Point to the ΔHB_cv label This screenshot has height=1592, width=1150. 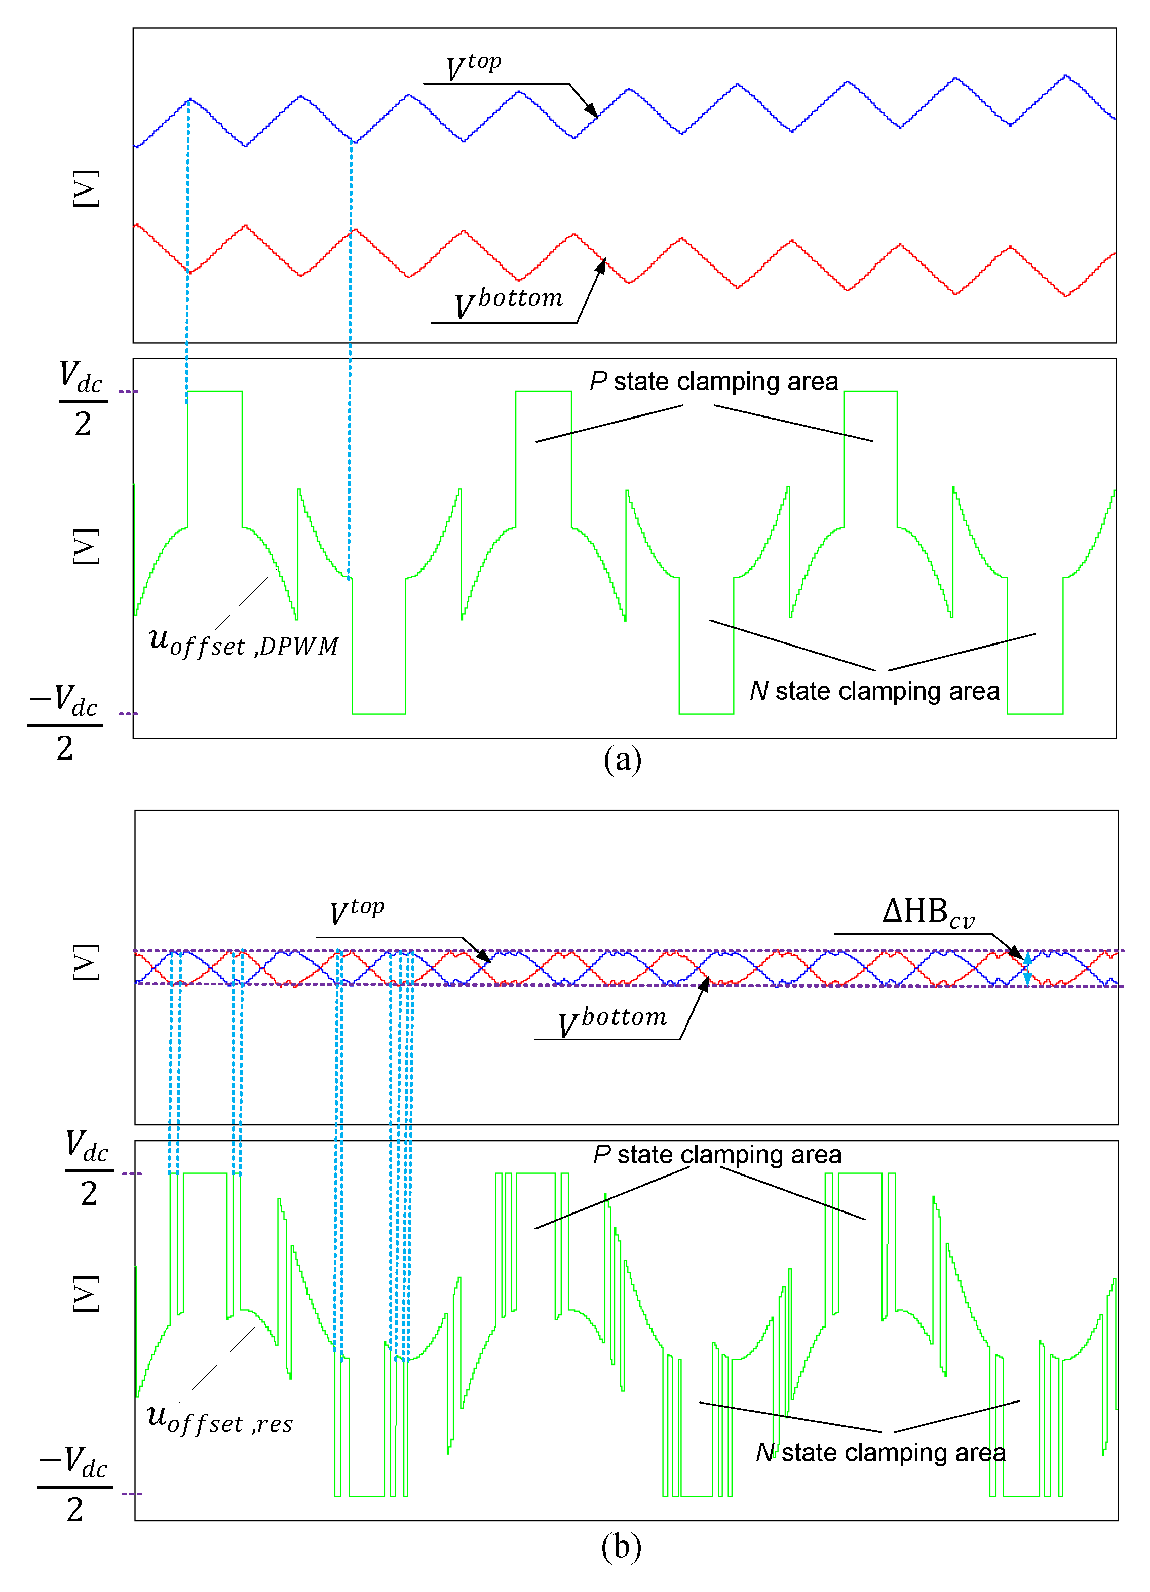[928, 913]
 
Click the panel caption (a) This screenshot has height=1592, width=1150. [622, 760]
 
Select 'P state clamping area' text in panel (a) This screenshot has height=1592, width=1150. [714, 382]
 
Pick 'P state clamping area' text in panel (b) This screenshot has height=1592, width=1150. [717, 1155]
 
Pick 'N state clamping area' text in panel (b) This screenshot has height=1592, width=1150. [880, 1452]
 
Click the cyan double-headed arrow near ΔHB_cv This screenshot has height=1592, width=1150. [1027, 969]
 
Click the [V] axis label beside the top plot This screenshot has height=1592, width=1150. [86, 188]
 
